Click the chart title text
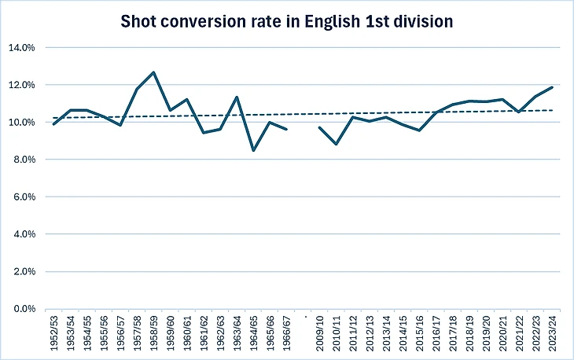(x=286, y=21)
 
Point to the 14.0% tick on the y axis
(x=21, y=47)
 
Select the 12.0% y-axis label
(x=21, y=85)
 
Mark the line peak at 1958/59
(x=153, y=72)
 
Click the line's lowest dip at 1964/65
(x=253, y=150)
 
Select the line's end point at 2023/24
(x=552, y=87)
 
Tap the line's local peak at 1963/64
(x=237, y=97)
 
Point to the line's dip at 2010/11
(x=337, y=144)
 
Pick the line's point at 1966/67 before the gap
(x=286, y=129)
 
